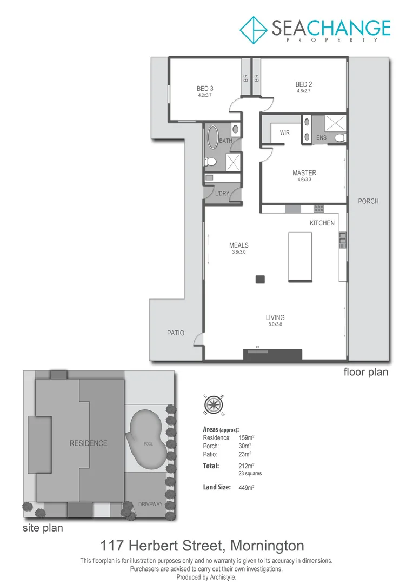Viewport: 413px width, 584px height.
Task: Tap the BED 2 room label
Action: coord(304,84)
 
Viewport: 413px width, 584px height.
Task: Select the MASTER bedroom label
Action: coord(304,173)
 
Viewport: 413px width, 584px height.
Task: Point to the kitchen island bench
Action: coord(300,256)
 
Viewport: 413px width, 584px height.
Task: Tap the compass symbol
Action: coord(215,404)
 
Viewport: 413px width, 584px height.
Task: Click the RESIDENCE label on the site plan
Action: coord(89,443)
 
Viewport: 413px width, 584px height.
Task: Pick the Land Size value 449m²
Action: coord(246,487)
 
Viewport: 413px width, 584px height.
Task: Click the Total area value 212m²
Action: coord(246,466)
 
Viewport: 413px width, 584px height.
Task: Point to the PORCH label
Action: coord(368,201)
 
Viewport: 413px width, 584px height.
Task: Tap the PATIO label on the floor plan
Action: coord(175,333)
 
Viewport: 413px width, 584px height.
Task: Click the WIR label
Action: coord(285,132)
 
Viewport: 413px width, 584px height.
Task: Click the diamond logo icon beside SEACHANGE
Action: coord(254,30)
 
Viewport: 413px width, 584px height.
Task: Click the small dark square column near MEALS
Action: coord(261,279)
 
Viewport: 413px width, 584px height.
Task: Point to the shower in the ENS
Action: coord(336,124)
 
